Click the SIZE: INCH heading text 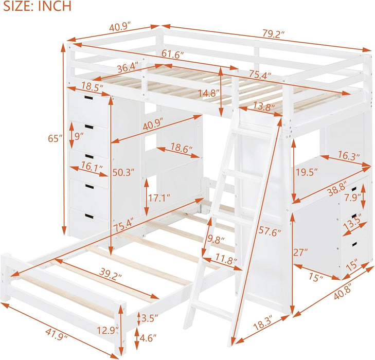[x=35, y=7]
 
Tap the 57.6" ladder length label [x=271, y=232]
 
